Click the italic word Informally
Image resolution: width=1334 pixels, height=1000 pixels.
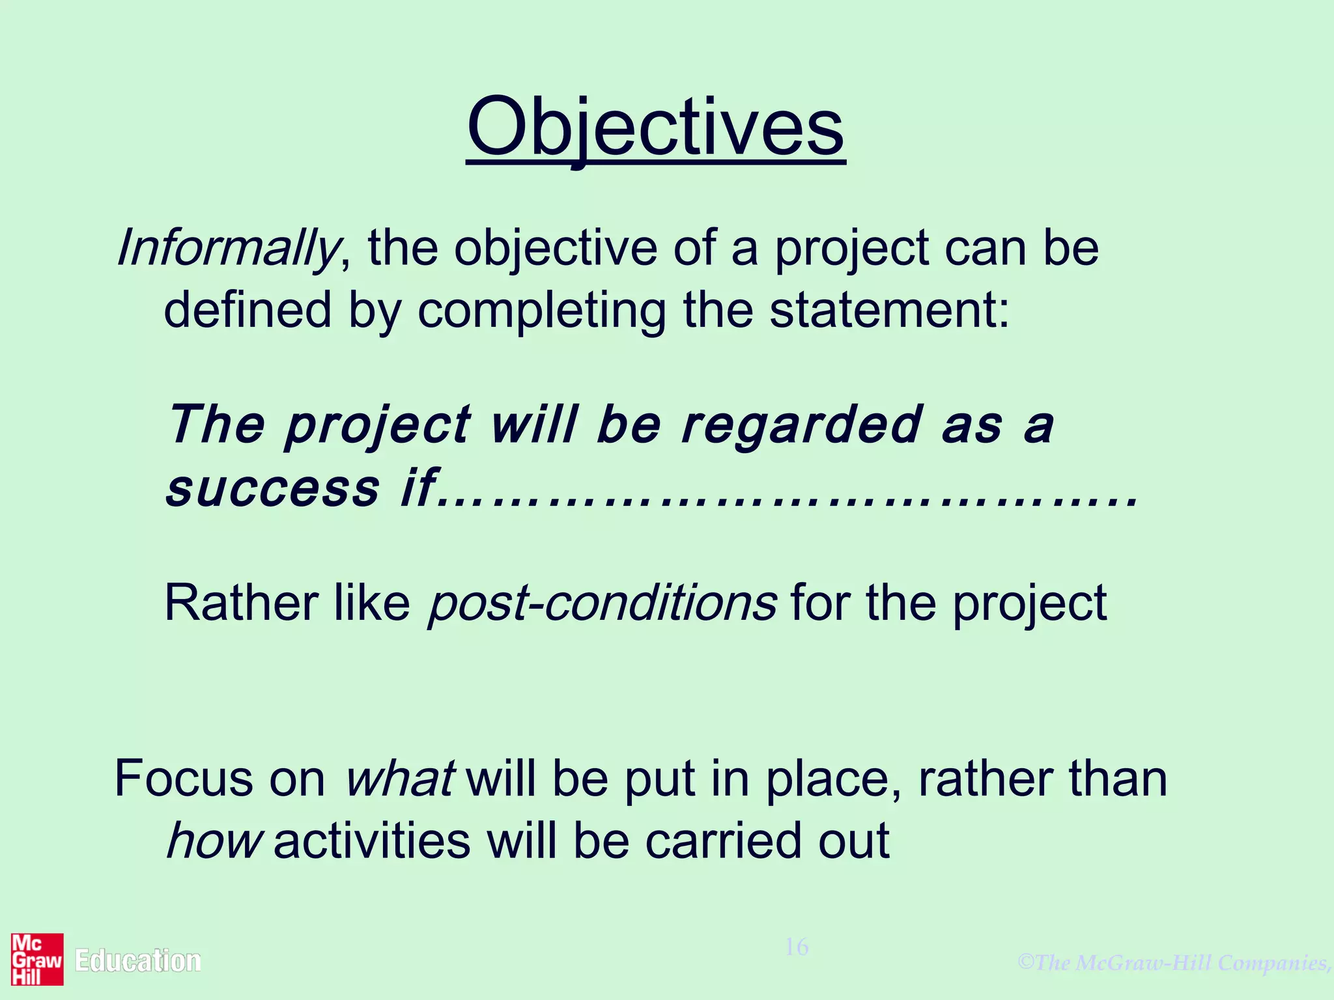(x=227, y=249)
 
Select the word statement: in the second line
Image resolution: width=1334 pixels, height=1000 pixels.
(x=889, y=310)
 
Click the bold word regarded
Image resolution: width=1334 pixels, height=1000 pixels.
(x=802, y=425)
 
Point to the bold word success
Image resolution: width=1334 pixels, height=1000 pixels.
(x=273, y=488)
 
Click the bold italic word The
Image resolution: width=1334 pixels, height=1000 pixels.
(x=216, y=425)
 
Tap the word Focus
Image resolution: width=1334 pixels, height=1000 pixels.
(x=184, y=779)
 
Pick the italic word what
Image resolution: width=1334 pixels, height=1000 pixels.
(x=399, y=779)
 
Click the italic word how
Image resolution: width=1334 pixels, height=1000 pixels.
(x=214, y=841)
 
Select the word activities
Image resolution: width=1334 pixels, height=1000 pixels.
(x=372, y=841)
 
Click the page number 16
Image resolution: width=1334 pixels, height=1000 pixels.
(x=796, y=947)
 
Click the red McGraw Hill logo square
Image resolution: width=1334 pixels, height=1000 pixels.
(x=37, y=960)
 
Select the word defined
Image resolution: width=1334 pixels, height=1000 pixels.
(x=248, y=310)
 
